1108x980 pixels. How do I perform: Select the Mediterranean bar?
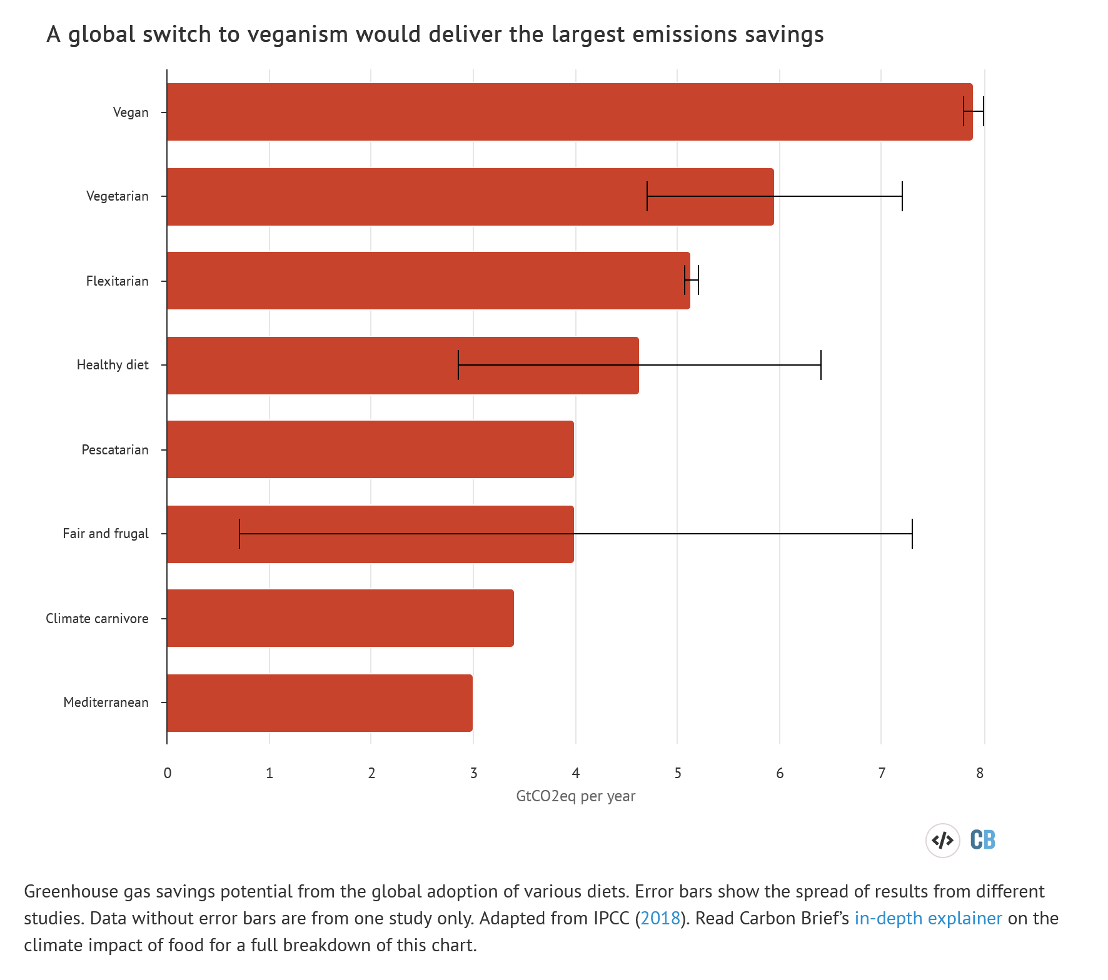tap(320, 702)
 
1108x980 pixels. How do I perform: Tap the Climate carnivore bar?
tap(340, 618)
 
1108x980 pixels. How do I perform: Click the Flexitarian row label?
tap(118, 281)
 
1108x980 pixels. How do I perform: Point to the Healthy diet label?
tap(113, 365)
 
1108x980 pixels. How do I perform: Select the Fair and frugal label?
tap(106, 534)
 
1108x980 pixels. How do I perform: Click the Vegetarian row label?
tap(118, 196)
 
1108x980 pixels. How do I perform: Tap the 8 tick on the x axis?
tap(980, 773)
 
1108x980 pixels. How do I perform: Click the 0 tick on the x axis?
tap(168, 773)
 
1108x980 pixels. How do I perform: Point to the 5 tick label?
tap(678, 773)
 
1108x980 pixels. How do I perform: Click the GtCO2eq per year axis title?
tap(575, 796)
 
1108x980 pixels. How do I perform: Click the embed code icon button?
tap(942, 840)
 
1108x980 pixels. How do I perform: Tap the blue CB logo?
tap(982, 840)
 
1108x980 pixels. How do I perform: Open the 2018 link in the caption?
tap(660, 918)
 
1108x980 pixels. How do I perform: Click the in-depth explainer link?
tap(928, 918)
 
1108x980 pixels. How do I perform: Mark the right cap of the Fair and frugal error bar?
tap(912, 534)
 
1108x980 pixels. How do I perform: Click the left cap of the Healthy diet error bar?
tap(458, 365)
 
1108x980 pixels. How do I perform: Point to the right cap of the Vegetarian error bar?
tap(902, 196)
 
